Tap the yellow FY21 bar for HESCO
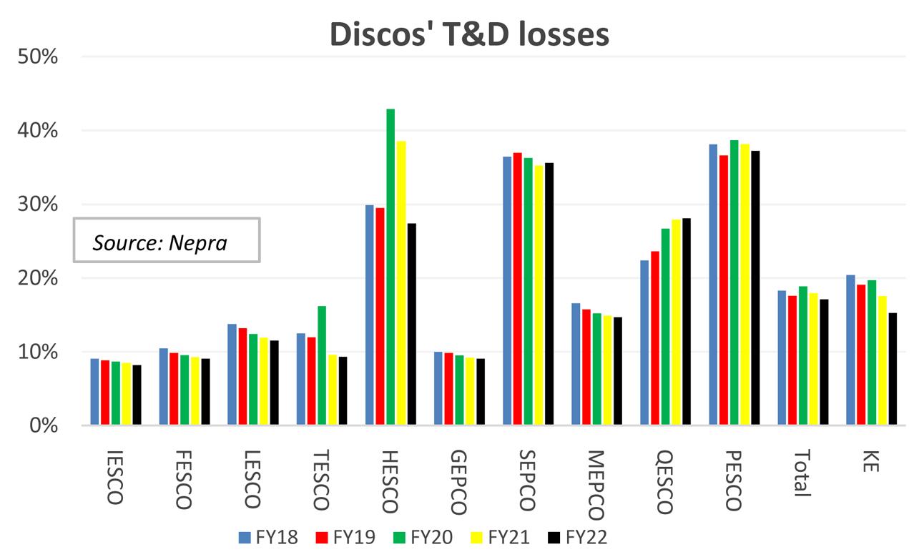(x=401, y=282)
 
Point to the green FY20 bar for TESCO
(x=322, y=365)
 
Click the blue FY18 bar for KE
(x=850, y=350)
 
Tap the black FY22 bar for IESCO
(x=137, y=395)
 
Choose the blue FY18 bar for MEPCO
(x=576, y=364)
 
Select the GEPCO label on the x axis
(x=459, y=483)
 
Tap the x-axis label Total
(x=802, y=473)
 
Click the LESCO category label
(x=251, y=479)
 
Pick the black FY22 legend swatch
(x=553, y=537)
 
